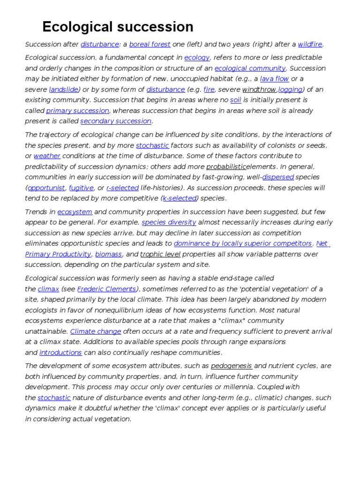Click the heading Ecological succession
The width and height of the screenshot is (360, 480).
point(118,27)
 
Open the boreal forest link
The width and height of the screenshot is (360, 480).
point(150,45)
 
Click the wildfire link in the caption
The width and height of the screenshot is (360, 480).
point(310,45)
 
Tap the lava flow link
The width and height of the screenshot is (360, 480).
point(274,79)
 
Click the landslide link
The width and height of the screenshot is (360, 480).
point(63,90)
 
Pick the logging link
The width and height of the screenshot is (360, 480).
point(290,90)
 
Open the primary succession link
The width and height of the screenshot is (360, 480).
point(77,111)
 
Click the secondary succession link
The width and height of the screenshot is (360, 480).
point(116,121)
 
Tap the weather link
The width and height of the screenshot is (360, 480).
point(47,156)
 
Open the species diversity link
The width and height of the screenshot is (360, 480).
point(169,222)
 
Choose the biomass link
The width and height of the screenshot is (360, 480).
point(108,254)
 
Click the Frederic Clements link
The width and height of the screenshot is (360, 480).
point(107,289)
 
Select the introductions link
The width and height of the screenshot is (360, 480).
point(60,352)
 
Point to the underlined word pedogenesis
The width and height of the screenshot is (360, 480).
point(232,366)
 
